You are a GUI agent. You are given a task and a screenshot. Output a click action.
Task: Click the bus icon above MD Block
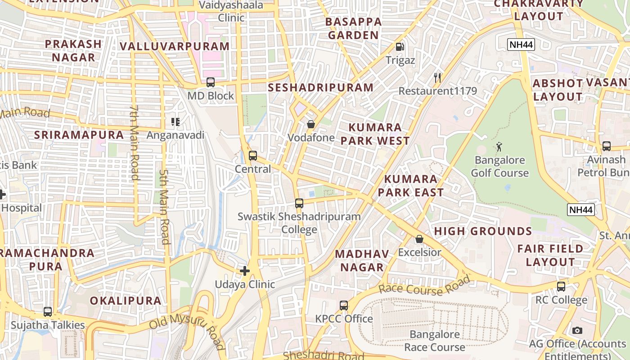click(x=210, y=82)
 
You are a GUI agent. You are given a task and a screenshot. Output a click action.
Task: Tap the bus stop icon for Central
click(x=253, y=156)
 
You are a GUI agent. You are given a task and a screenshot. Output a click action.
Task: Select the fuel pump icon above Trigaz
click(x=399, y=47)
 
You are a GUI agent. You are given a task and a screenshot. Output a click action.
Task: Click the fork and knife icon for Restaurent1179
click(x=437, y=78)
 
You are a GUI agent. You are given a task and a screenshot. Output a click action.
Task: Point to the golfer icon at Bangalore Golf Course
click(x=499, y=147)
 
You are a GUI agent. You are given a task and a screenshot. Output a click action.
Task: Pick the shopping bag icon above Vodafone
click(x=310, y=124)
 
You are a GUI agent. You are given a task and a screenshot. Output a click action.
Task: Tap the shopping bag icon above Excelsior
click(x=419, y=239)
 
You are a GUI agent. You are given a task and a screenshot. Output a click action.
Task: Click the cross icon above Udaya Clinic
click(x=245, y=271)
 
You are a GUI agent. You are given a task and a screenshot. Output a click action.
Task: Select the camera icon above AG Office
click(x=577, y=330)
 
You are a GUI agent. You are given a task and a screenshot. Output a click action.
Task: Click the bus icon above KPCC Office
click(x=344, y=306)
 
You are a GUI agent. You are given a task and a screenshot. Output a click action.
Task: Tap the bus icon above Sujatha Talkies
click(x=48, y=311)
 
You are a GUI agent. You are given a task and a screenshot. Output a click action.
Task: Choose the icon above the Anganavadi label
click(x=175, y=122)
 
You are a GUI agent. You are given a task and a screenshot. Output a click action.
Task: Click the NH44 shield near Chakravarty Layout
click(x=521, y=45)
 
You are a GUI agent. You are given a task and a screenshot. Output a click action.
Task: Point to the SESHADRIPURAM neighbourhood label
click(x=320, y=88)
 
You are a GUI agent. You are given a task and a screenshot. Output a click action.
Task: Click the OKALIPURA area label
click(x=125, y=301)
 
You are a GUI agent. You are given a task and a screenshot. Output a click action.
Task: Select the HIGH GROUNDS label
click(x=483, y=231)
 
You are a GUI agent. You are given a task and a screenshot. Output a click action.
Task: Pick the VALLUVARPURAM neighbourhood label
click(x=175, y=46)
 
